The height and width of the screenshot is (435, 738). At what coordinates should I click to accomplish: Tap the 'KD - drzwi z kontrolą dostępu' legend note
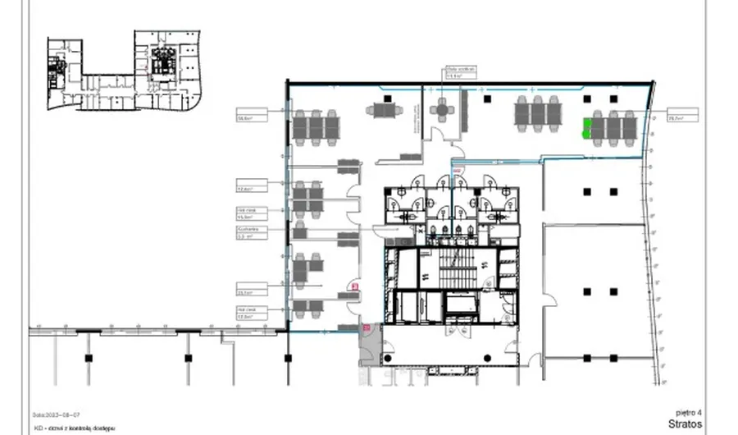[x=74, y=428]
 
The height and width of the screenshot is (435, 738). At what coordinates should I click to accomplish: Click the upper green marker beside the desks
[x=587, y=123]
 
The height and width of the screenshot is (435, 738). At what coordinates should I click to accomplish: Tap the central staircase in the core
[x=453, y=270]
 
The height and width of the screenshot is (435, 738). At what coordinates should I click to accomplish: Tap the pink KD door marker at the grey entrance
[x=367, y=329]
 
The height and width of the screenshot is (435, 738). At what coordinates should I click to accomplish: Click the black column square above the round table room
[x=487, y=99]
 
